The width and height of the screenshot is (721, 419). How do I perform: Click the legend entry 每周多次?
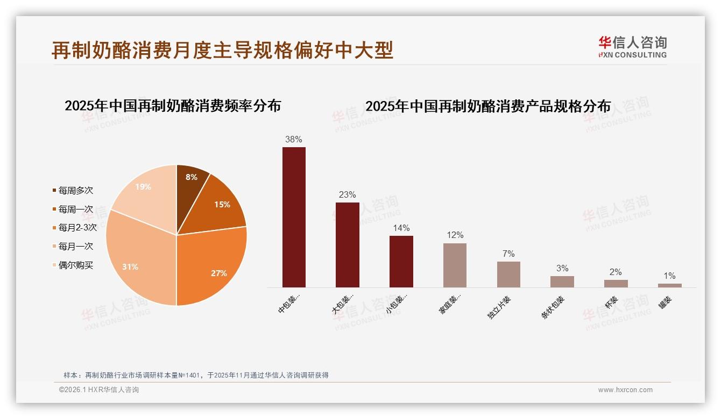click(75, 190)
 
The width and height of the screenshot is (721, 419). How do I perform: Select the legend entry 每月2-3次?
click(77, 227)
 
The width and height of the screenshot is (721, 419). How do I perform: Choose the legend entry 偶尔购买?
click(75, 265)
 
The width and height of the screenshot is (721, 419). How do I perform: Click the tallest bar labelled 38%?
click(294, 217)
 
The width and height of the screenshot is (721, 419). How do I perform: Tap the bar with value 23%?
click(347, 245)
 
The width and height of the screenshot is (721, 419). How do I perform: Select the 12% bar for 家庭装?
click(455, 265)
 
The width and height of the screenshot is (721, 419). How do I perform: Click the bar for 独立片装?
click(508, 274)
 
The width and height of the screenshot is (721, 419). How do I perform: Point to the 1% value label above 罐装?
click(669, 276)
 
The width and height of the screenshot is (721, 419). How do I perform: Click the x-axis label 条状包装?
click(553, 307)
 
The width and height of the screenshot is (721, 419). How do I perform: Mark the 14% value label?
click(401, 228)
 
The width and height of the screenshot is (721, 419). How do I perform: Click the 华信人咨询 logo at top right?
click(632, 47)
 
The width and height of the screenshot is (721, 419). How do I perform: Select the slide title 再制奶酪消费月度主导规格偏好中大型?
click(223, 50)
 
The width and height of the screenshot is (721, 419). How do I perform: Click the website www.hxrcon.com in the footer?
click(625, 390)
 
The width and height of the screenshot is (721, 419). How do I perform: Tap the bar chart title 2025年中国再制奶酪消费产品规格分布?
click(488, 106)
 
